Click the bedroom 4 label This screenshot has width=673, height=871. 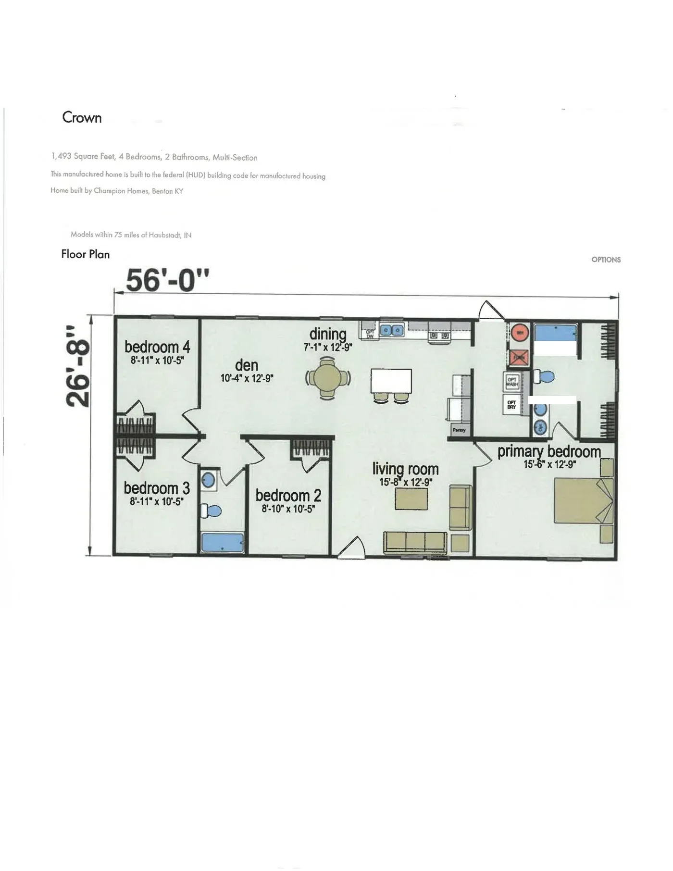click(157, 347)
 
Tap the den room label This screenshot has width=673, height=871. click(247, 365)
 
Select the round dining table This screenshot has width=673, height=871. click(328, 380)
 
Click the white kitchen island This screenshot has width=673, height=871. click(391, 381)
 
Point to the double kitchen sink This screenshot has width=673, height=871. click(392, 330)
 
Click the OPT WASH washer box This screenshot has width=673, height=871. click(512, 383)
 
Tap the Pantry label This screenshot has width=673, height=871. click(459, 430)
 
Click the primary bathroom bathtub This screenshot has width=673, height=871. click(555, 333)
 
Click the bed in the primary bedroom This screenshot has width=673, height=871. click(583, 500)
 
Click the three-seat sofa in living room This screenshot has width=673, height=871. click(415, 542)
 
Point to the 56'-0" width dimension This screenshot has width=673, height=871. click(167, 280)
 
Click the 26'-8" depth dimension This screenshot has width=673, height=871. click(78, 366)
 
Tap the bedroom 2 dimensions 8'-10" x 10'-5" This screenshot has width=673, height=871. click(288, 509)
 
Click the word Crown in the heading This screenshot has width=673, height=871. click(82, 118)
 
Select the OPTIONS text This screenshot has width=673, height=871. click(606, 260)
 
